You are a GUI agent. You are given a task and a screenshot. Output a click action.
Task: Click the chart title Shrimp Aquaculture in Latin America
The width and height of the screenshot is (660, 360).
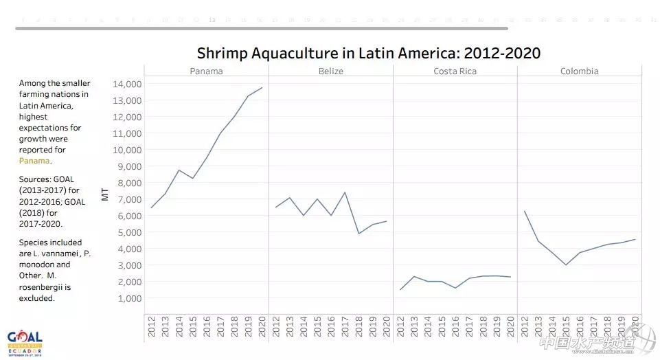[x=368, y=53]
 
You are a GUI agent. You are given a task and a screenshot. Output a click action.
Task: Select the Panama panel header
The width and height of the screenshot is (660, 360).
[x=206, y=71]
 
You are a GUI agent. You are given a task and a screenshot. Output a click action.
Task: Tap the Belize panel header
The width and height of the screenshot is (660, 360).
[x=330, y=71]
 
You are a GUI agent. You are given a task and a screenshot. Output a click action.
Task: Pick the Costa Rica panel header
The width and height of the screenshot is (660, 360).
[x=455, y=71]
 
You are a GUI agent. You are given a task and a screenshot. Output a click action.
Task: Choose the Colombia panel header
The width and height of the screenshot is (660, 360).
[x=579, y=71]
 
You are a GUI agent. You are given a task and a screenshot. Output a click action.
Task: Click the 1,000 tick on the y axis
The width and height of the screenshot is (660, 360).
[x=128, y=298]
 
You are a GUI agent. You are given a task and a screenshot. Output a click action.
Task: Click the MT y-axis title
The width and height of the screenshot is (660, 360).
[x=105, y=194]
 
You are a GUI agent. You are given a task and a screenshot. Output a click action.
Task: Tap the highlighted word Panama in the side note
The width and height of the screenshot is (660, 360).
[x=34, y=161]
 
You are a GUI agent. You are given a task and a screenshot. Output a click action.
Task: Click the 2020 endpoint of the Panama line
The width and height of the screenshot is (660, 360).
[x=262, y=87]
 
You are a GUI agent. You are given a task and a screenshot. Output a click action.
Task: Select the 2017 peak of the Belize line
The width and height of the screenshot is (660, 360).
[x=345, y=192]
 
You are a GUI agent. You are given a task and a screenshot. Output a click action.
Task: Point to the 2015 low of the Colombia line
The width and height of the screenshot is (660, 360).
[x=566, y=265]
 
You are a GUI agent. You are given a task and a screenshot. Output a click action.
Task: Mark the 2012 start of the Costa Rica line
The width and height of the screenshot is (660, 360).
[x=400, y=289]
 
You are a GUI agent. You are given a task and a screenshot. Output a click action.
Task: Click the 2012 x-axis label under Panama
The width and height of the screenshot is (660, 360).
[x=152, y=327]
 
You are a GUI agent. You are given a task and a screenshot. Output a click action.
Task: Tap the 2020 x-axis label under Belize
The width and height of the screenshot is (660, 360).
[x=386, y=327]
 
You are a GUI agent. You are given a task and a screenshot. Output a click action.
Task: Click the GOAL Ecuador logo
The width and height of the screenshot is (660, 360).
[x=25, y=341]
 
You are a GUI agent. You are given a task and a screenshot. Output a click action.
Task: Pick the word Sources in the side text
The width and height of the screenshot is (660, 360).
[x=34, y=179]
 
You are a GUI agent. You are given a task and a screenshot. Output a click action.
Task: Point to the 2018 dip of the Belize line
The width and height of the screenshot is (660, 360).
[x=359, y=234]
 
